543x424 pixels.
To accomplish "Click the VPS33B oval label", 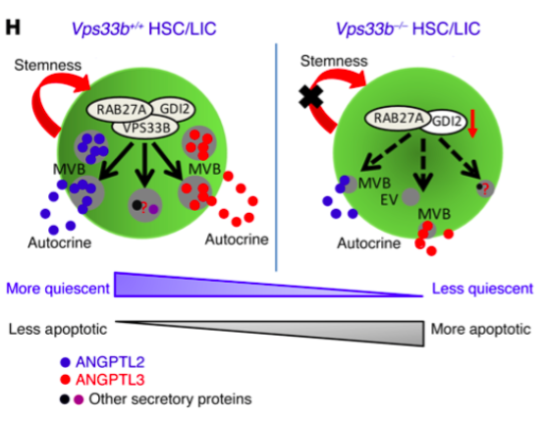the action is (145, 128).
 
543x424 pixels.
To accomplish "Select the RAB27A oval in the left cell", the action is (120, 110).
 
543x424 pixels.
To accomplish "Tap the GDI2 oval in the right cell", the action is (447, 122).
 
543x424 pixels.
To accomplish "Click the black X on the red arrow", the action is (311, 96).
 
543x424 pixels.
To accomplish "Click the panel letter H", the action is (13, 27).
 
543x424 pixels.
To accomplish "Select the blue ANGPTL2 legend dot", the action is (65, 362).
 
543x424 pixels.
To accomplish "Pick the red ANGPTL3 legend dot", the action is (65, 380).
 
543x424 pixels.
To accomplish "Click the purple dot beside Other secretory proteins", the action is (79, 399).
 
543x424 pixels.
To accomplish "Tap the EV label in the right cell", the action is (389, 199).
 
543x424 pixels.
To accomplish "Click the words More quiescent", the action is (58, 289).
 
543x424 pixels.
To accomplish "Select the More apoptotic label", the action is (481, 329).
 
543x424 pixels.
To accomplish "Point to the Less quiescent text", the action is (482, 289).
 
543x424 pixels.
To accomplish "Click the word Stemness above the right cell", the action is (334, 61).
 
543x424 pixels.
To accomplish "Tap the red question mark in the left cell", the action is (144, 207).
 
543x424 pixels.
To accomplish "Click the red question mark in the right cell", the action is (485, 189).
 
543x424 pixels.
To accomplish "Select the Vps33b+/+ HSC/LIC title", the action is (143, 28).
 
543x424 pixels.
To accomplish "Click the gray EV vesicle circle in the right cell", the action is (410, 197).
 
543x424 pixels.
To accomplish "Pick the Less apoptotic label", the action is (58, 329).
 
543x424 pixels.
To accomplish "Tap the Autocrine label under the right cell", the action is (369, 243).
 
